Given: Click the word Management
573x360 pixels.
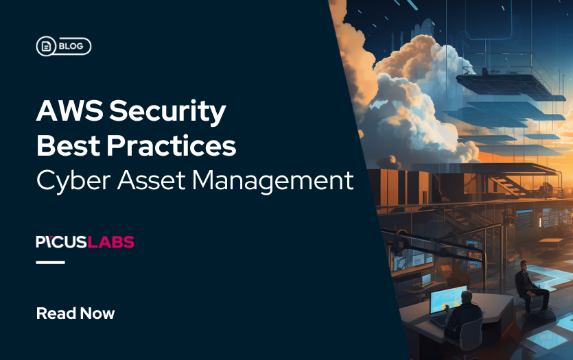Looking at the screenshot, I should coord(272,180).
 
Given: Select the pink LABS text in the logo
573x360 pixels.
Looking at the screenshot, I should coord(113,242).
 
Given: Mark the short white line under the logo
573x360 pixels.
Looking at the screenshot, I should coord(50,262).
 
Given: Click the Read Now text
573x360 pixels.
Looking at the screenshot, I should coord(75,314).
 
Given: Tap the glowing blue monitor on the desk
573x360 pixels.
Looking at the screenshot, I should coord(447,299).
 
